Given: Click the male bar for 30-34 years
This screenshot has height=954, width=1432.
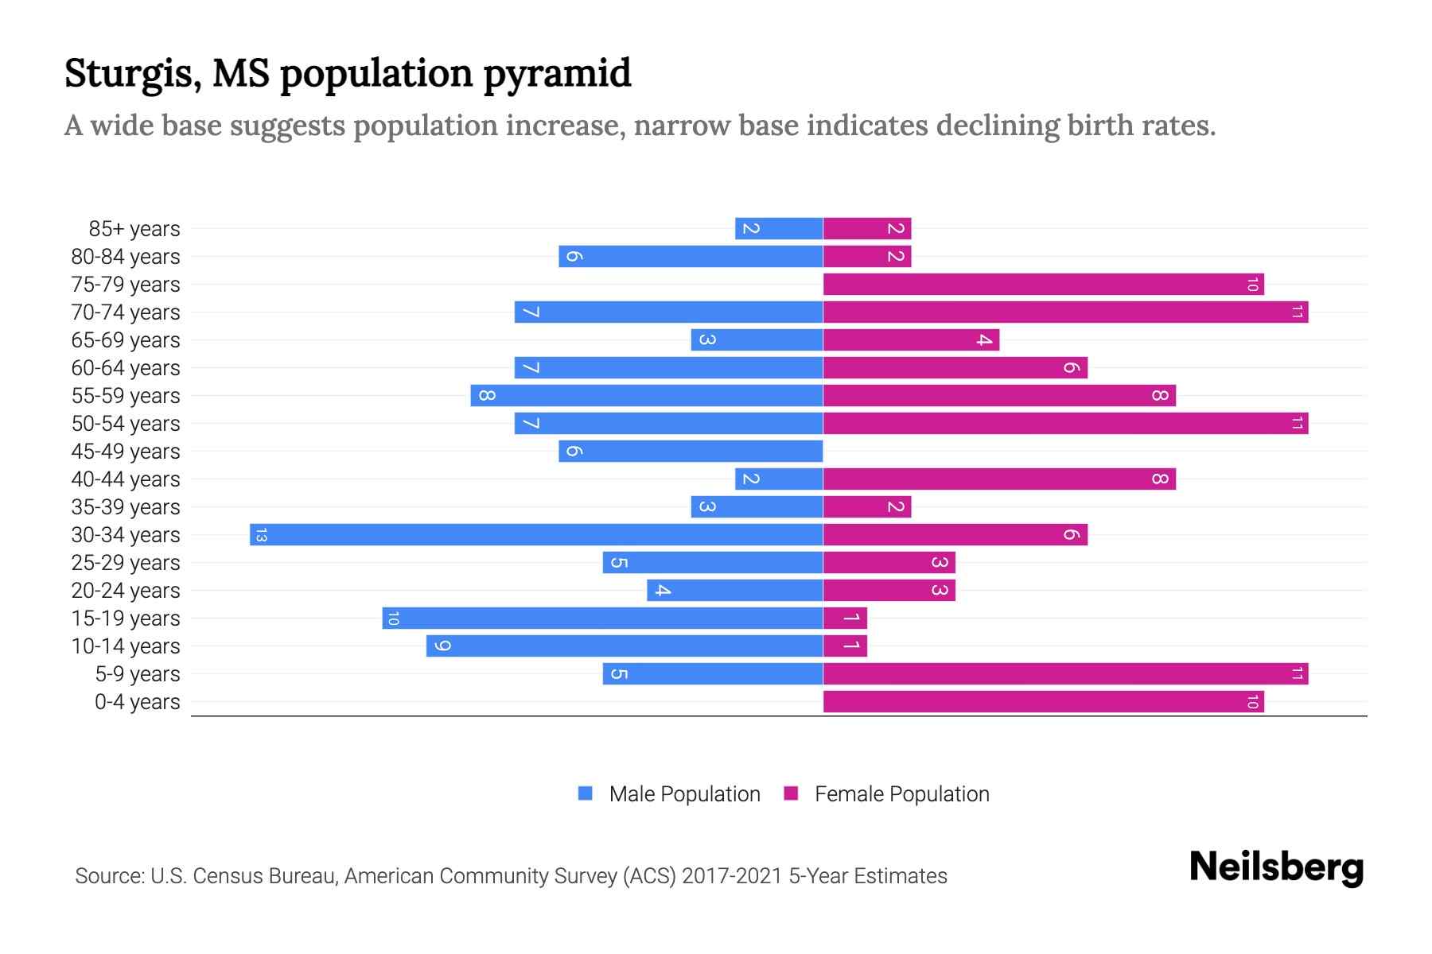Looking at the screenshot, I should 536,534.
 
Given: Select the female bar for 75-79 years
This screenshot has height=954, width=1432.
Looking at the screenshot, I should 1043,284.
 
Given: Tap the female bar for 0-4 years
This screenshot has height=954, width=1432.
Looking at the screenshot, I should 1043,701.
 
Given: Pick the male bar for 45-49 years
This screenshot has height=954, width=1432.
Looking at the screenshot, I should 691,451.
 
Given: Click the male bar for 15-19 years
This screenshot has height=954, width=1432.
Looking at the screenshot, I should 602,618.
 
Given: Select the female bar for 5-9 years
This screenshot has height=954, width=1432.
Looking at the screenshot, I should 1065,673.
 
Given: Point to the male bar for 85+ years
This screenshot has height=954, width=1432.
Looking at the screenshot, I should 779,228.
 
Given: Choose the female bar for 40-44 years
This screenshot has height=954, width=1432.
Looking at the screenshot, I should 999,479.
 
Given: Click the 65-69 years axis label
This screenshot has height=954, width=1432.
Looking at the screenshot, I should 126,340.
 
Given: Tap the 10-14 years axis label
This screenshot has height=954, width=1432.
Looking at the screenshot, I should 126,646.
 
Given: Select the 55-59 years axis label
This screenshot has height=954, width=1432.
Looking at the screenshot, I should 126,396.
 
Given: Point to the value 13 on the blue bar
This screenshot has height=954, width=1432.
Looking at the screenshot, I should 260,534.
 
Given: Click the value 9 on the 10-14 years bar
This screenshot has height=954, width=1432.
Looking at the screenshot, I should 442,646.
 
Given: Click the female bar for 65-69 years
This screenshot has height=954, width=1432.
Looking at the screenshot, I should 911,339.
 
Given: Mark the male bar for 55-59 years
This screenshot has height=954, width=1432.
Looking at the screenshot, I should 646,395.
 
